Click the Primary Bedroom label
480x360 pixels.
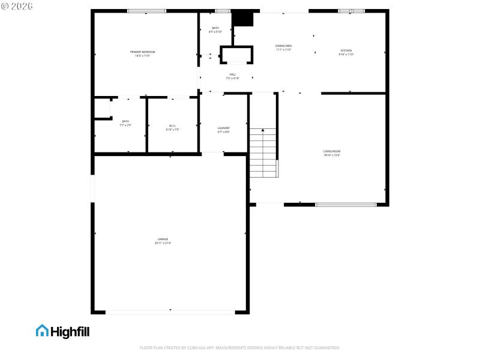(x=143, y=52)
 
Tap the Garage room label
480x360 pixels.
(x=161, y=239)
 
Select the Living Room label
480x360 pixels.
(x=332, y=151)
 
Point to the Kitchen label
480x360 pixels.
(x=346, y=50)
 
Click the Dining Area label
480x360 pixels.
(x=284, y=46)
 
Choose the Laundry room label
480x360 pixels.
(x=223, y=128)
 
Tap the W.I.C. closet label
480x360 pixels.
(x=172, y=125)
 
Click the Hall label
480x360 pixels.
(x=233, y=74)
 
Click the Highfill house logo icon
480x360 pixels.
(x=42, y=331)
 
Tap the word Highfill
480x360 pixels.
(x=70, y=331)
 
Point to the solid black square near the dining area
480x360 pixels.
(x=243, y=19)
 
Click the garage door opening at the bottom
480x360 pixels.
(x=170, y=311)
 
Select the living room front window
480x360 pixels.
(x=346, y=205)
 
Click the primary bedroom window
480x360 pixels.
(x=146, y=11)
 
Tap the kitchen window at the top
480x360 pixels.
(x=351, y=11)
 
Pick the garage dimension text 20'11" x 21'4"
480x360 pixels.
(x=161, y=243)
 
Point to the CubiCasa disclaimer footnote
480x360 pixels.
(x=240, y=347)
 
